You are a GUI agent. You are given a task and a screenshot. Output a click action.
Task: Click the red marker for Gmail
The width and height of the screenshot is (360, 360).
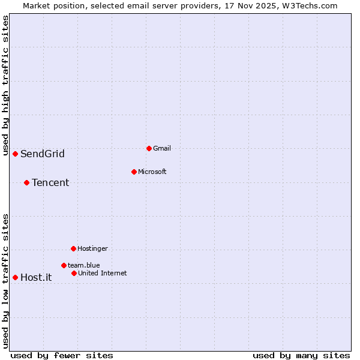149,148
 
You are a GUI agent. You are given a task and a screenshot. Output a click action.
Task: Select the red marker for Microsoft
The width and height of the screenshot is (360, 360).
134,172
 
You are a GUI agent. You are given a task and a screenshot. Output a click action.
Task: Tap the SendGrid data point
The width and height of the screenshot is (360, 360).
15,154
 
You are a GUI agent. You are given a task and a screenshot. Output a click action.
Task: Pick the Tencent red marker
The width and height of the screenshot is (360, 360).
26,182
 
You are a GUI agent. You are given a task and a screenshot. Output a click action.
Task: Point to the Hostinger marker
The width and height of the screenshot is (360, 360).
73,248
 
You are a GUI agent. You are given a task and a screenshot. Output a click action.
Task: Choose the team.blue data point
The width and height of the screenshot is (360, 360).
64,265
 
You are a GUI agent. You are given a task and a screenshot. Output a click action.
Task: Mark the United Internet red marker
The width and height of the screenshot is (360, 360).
74,273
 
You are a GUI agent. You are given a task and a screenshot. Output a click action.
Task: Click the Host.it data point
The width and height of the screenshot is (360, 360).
15,277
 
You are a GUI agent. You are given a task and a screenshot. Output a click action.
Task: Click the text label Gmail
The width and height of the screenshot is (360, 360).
162,148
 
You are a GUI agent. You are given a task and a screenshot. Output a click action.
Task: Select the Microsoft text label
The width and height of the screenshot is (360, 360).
152,172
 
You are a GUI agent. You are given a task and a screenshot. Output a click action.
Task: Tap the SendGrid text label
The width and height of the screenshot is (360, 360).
43,154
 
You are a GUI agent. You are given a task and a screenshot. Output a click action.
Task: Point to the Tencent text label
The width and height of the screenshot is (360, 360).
50,183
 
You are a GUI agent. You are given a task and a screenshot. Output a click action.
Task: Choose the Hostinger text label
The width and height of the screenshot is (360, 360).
92,248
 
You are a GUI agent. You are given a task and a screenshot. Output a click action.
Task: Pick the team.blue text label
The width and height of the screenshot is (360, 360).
84,265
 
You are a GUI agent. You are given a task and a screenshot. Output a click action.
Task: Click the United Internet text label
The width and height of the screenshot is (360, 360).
103,273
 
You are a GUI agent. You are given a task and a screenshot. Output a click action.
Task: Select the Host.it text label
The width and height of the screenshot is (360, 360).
36,277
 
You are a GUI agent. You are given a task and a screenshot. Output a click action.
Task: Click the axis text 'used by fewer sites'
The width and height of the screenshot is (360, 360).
62,355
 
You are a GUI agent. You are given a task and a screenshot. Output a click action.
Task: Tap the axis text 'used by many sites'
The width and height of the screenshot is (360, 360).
301,355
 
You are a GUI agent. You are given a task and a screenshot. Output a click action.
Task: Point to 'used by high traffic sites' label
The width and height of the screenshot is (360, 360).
5,86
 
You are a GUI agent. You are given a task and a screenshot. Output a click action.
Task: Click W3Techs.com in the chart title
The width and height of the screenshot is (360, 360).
310,5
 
